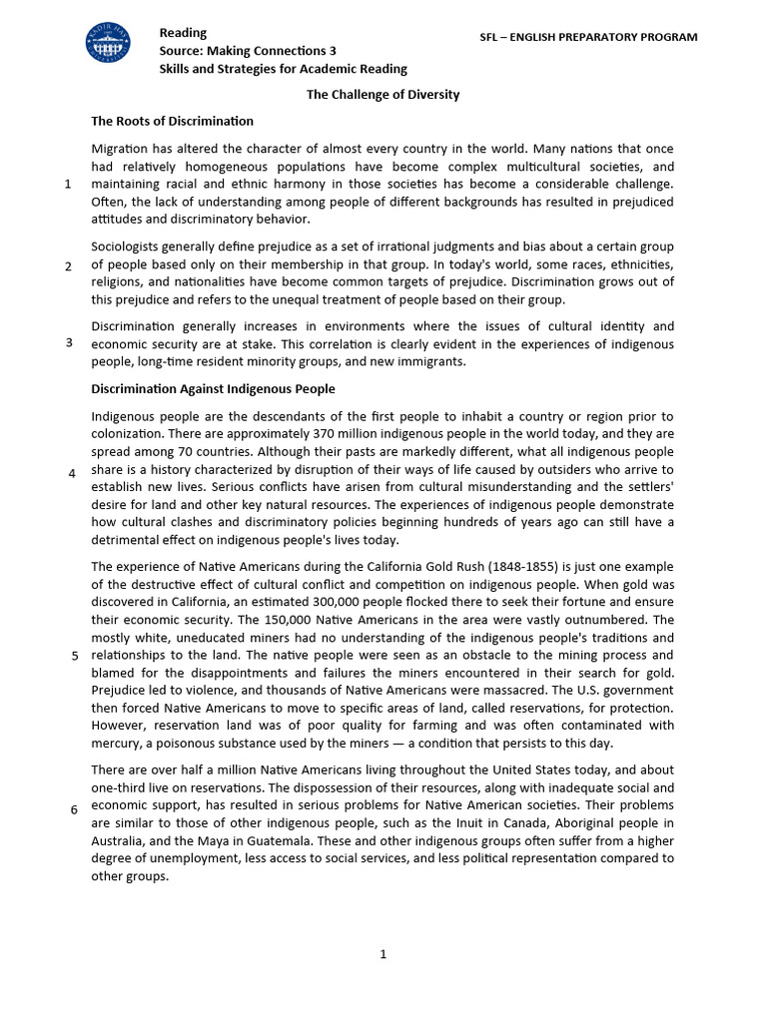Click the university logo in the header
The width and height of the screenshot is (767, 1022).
107,44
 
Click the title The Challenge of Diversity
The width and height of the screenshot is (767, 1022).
383,94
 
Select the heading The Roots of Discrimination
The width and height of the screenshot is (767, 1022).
172,121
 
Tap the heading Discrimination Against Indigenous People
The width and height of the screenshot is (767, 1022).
213,388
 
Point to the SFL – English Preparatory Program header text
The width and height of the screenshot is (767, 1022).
589,37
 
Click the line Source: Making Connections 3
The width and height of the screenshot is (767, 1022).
248,50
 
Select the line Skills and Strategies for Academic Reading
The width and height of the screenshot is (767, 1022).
283,68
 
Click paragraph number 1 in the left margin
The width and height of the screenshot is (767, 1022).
67,184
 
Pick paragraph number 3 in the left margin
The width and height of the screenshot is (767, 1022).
69,342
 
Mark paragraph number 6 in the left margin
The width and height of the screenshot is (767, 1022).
74,808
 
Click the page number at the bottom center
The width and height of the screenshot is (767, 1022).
383,954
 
